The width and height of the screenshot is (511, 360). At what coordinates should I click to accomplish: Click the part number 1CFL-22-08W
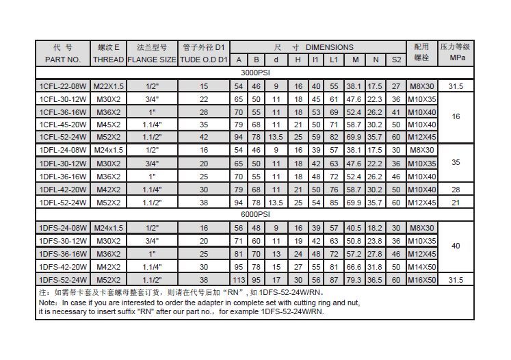[63, 87]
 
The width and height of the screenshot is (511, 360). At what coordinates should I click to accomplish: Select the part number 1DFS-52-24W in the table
[63, 281]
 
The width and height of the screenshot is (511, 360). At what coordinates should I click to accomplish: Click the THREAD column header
[108, 60]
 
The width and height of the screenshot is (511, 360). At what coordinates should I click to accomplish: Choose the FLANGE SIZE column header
[152, 60]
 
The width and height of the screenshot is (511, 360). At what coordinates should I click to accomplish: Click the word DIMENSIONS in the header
[330, 47]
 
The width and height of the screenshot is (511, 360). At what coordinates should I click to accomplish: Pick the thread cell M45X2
[108, 125]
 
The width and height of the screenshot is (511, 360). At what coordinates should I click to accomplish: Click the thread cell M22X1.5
[108, 87]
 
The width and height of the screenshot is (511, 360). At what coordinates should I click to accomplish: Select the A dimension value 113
[238, 281]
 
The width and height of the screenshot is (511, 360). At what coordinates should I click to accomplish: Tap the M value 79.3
[354, 281]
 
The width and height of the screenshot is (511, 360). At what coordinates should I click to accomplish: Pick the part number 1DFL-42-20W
[63, 189]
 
